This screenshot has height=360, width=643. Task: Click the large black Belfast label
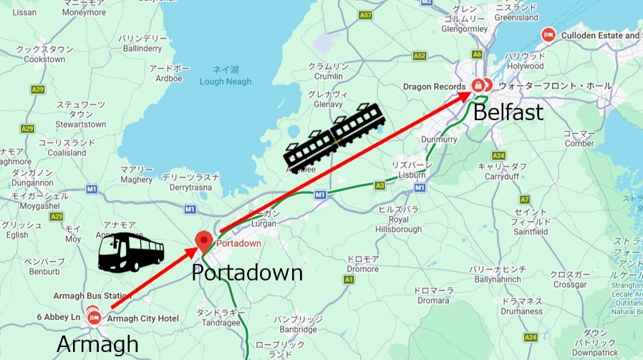point(508,112)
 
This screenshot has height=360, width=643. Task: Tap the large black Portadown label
point(247,273)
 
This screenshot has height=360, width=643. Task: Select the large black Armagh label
point(97,346)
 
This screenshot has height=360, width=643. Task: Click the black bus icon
point(131,252)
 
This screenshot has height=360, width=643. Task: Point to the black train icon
point(334,135)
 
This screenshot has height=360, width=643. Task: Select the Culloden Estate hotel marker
point(548,34)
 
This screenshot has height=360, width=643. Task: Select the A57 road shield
point(367,14)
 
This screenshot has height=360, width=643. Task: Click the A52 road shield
point(420,55)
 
